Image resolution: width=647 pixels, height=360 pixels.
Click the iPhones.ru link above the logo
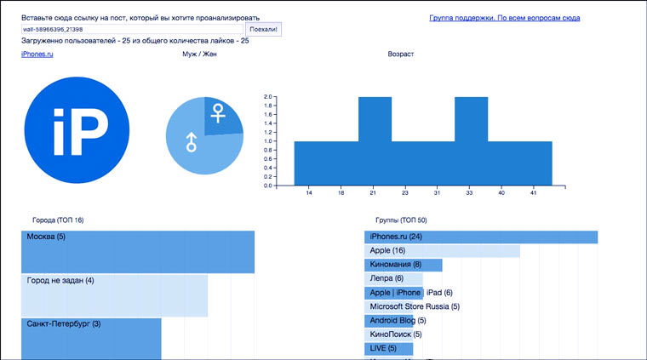37,54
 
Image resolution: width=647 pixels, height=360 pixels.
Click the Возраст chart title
400,54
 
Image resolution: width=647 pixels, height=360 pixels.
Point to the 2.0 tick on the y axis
267,97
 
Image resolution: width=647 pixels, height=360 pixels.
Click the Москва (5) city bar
137,252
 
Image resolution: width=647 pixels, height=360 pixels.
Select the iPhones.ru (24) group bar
481,237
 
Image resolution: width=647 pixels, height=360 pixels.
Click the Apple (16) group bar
443,251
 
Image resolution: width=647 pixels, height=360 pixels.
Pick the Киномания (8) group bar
404,265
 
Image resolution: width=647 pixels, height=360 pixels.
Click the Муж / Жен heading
199,54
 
